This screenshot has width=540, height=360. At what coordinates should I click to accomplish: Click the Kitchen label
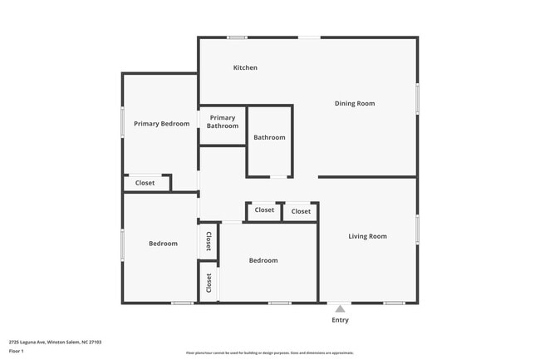tap(245, 67)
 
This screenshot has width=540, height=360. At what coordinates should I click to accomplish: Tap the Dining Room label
tap(355, 104)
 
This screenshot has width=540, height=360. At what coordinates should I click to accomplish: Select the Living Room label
tap(367, 237)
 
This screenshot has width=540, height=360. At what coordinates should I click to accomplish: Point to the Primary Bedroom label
tap(162, 124)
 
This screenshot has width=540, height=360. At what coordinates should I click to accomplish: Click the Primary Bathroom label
tap(223, 122)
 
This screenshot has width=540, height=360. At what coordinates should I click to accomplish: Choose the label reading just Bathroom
tap(269, 138)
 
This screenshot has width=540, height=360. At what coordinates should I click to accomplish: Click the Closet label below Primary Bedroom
tap(145, 183)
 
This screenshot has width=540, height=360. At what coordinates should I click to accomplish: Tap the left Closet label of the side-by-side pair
tap(264, 210)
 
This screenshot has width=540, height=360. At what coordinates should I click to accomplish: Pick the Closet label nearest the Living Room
tap(301, 211)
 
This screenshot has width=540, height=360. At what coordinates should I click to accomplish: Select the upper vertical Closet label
tap(208, 242)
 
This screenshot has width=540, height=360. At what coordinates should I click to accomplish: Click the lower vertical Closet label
tap(209, 283)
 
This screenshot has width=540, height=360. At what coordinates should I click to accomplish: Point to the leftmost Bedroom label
tap(163, 244)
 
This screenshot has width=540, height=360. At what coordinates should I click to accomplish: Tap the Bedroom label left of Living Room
tap(263, 260)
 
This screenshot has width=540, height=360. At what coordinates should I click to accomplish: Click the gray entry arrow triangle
tap(340, 308)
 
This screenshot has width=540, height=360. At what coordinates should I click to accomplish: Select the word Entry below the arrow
tap(341, 320)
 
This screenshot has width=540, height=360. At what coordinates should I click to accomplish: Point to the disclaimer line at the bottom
tap(269, 353)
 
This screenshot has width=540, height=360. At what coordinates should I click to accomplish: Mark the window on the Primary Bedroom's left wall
tap(123, 123)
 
